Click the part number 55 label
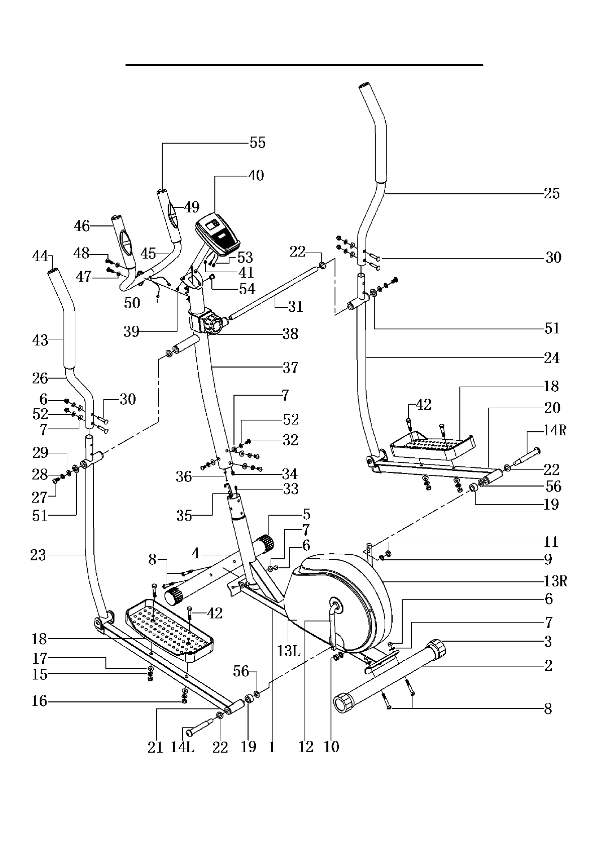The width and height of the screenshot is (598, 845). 258,143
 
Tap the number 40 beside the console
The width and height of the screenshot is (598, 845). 256,176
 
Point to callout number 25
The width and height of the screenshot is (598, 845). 551,194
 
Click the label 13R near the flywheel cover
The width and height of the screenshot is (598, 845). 554,581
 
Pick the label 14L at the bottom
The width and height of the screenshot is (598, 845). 182,747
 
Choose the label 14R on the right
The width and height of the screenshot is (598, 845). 554,430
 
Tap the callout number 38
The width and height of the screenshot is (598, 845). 290,334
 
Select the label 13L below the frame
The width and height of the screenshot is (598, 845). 288,652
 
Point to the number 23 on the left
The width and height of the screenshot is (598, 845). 38,555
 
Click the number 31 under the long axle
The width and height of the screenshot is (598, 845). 296,306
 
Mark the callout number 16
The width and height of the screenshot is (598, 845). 39,701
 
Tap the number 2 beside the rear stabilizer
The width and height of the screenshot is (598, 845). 548,666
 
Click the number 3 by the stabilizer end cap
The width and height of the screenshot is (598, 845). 548,642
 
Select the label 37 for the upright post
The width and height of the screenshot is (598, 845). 290,368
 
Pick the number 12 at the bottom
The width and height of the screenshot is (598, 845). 305,747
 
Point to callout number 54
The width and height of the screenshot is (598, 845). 247,289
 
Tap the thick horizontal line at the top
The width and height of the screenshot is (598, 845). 304,65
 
